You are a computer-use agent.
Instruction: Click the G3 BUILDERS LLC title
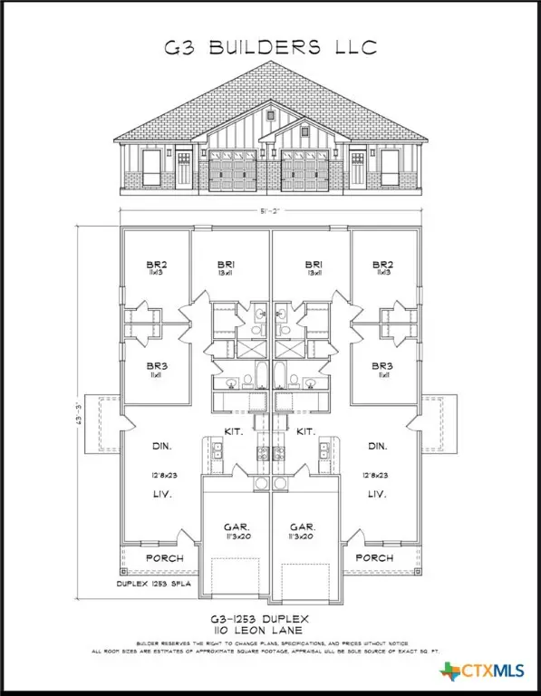click(x=270, y=47)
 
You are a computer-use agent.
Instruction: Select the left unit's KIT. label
click(x=233, y=430)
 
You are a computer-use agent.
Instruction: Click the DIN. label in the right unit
click(x=380, y=447)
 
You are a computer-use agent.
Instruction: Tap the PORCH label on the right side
click(x=374, y=558)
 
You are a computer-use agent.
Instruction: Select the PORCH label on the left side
click(x=164, y=558)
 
